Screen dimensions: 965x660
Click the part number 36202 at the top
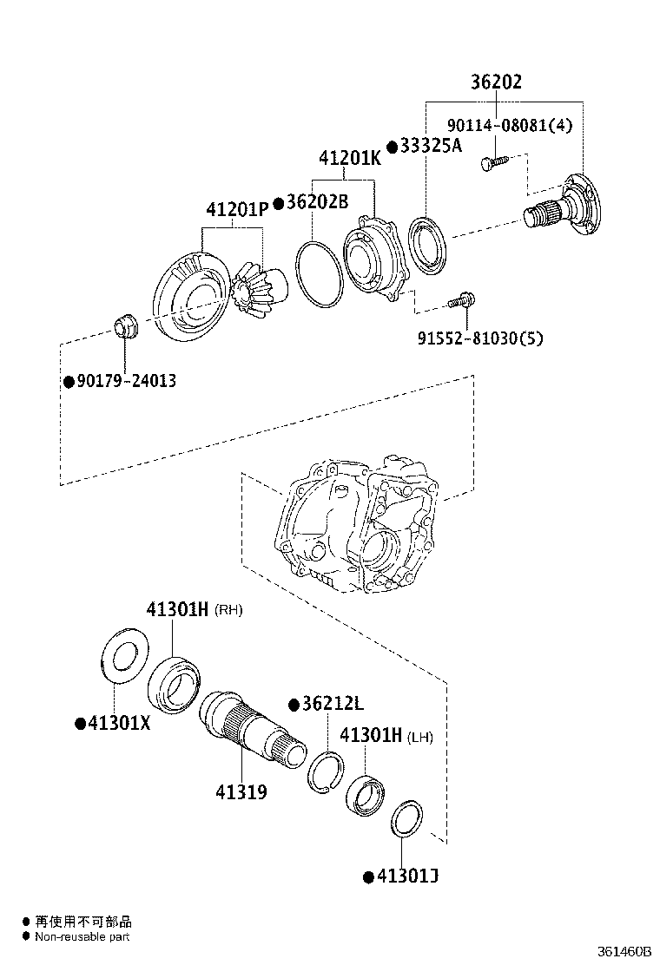pos(496,82)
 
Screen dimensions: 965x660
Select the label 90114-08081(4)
pos(511,125)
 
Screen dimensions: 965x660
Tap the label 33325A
pos(431,146)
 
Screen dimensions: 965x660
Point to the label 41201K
pos(350,159)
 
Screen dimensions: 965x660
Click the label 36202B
pos(316,202)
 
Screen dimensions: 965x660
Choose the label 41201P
pos(237,210)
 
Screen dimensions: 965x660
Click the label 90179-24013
pos(125,380)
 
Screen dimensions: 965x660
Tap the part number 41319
pos(241,791)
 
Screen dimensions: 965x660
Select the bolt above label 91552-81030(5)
pos(459,301)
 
